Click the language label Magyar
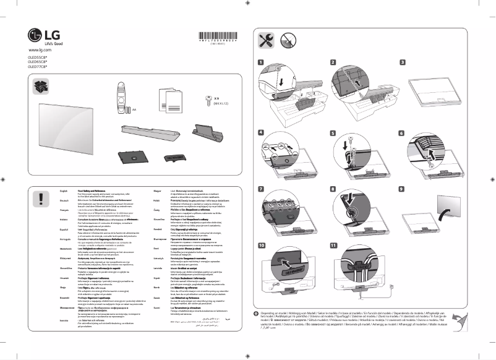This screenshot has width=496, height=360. tap(156, 192)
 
